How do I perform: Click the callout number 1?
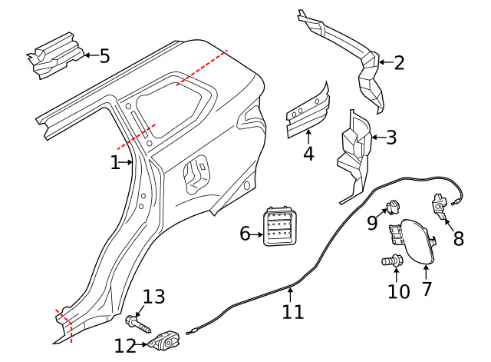tap(114, 163)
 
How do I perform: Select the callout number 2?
tap(398, 62)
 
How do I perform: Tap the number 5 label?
tap(104, 55)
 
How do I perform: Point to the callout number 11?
tap(292, 311)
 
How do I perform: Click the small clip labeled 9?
tap(394, 206)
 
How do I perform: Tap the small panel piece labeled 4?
tap(308, 111)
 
